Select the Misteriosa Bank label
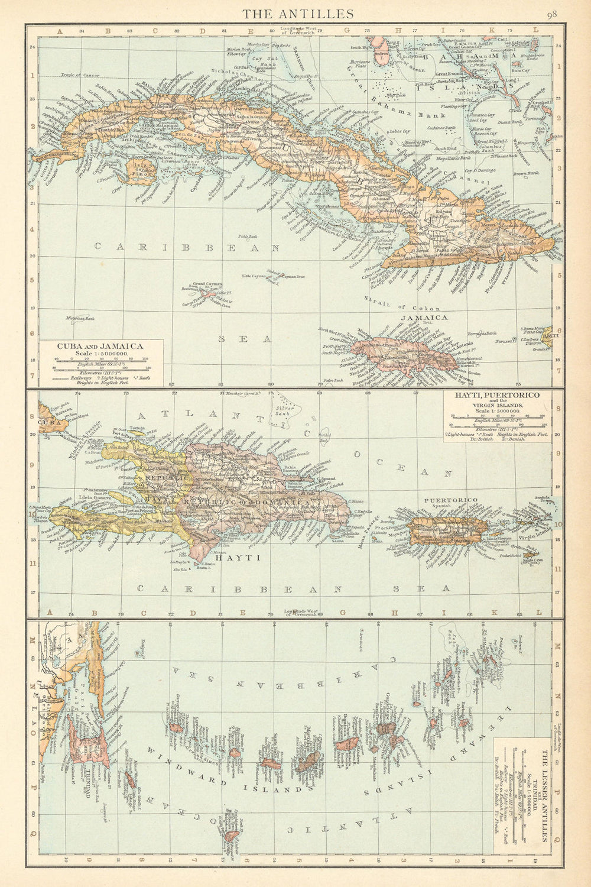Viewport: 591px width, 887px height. point(82,319)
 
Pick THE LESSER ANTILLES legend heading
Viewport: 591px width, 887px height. point(544,786)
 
